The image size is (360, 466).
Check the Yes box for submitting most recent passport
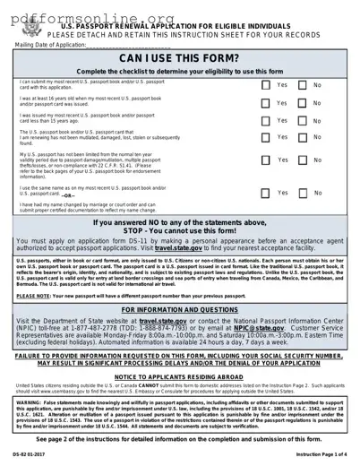click(266, 85)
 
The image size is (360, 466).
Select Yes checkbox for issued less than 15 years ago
click(266, 120)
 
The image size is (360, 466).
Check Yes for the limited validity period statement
click(266, 160)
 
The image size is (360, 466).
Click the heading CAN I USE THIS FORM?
click(179, 59)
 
